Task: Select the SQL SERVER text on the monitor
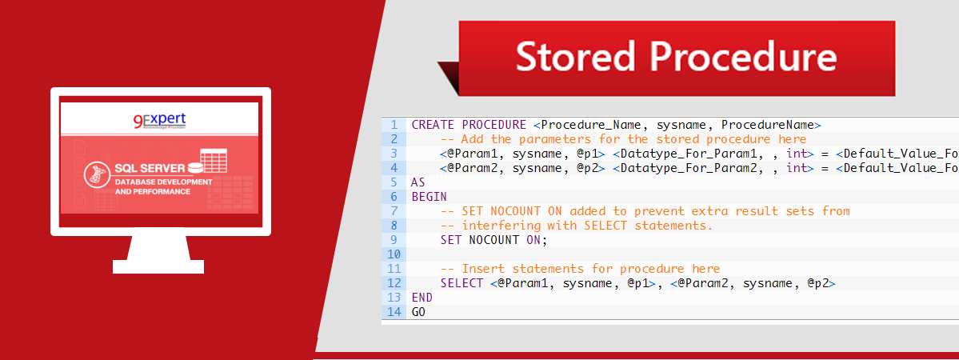coord(150,168)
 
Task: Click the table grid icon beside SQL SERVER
coord(214,161)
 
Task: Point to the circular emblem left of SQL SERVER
coord(98,174)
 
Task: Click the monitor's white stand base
coord(159,266)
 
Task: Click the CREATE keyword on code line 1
coord(433,125)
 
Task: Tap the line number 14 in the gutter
coord(393,312)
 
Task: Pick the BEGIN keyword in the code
coord(429,197)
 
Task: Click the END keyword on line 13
coord(422,298)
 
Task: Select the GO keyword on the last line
coord(418,312)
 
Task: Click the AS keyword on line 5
coord(418,182)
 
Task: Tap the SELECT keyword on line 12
coord(462,283)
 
